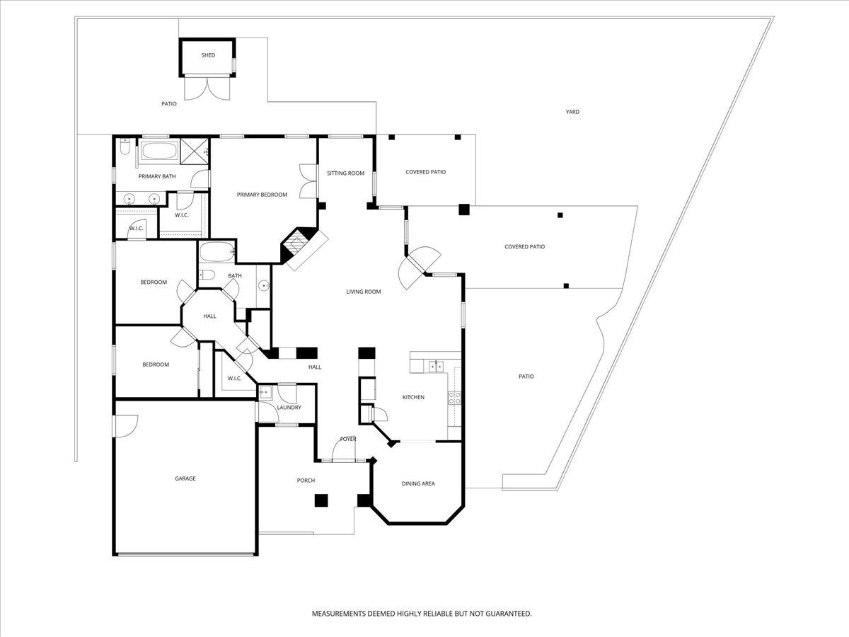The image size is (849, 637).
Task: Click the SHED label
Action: (x=208, y=55)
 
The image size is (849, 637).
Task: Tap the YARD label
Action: (x=572, y=112)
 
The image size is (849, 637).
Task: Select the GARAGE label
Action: (x=185, y=478)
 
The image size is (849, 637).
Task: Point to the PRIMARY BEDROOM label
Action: (x=262, y=195)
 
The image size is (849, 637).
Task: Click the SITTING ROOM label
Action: (x=345, y=173)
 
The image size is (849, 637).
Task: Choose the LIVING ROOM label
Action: (x=364, y=292)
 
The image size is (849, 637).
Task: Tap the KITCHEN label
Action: (x=413, y=397)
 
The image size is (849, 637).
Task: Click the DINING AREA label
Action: (x=418, y=483)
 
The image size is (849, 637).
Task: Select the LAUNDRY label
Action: (x=289, y=407)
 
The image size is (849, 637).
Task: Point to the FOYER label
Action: (x=348, y=439)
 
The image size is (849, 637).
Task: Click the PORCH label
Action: (x=306, y=481)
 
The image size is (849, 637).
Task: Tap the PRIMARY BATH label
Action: (x=157, y=176)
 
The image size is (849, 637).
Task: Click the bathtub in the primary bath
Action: (x=160, y=151)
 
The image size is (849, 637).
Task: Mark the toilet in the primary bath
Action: (x=125, y=149)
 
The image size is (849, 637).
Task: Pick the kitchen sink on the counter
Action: (x=436, y=365)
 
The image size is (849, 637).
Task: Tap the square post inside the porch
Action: (x=321, y=500)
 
